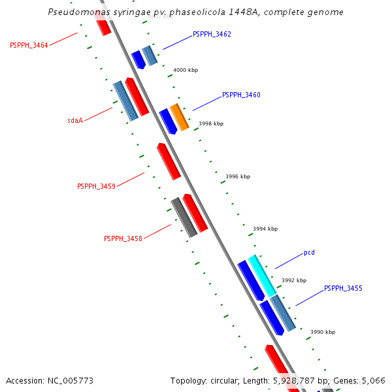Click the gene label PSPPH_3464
29,45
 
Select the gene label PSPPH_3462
212,34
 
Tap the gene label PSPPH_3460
241,95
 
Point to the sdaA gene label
75,120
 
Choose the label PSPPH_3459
96,186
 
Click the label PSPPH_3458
123,238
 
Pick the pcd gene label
309,252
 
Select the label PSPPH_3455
343,288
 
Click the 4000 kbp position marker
186,70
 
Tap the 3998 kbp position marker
211,123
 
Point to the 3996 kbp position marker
238,176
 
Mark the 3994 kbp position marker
265,229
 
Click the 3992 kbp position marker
294,280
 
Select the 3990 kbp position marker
323,332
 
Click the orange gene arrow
179,117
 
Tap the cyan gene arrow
261,276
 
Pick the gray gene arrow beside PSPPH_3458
184,218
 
